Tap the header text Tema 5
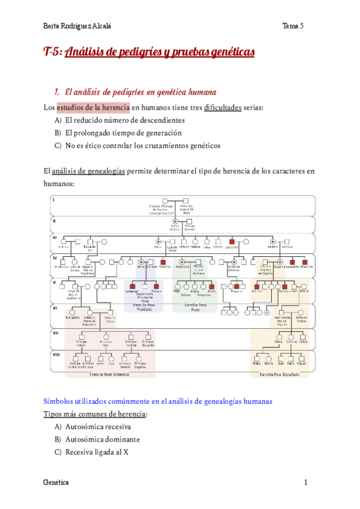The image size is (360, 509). point(295,26)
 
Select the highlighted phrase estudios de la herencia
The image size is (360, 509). point(93,107)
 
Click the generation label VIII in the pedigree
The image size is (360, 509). point(56,355)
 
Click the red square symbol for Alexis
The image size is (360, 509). point(211,286)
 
